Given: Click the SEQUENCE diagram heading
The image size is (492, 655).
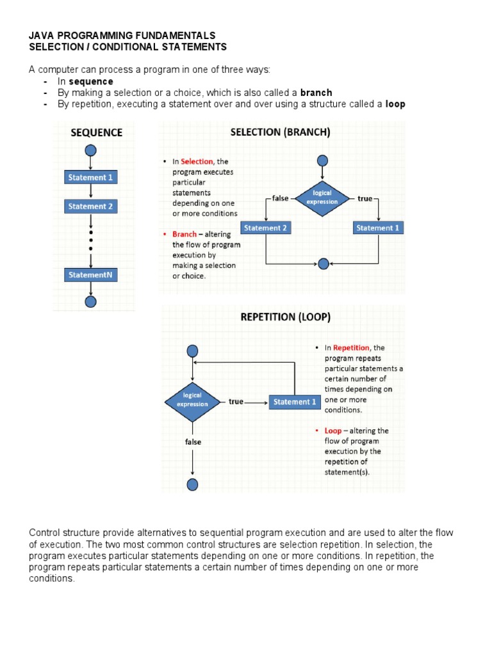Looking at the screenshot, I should (x=96, y=133).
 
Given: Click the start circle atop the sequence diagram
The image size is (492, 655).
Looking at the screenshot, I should (x=90, y=150).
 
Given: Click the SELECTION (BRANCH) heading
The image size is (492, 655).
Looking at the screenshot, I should (x=280, y=133).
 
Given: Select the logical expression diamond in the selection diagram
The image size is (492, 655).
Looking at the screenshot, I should (x=322, y=198).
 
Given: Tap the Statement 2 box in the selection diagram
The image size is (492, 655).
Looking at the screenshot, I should (x=265, y=228).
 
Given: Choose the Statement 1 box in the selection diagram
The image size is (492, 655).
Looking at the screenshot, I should (x=378, y=228).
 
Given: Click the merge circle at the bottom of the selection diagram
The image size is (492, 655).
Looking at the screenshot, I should (x=323, y=263).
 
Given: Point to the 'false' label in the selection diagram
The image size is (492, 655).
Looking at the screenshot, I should (x=280, y=198).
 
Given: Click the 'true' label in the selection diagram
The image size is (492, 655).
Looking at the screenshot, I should (x=365, y=198).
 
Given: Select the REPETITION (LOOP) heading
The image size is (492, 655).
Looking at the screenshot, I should (x=285, y=317).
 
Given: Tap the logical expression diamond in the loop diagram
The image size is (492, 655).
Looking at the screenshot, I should (x=192, y=400).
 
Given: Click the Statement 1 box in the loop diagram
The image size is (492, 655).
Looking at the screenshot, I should (x=295, y=402).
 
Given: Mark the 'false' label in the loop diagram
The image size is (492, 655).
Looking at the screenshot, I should (x=193, y=442).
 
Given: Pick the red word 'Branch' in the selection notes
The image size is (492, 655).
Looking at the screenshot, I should (x=184, y=235).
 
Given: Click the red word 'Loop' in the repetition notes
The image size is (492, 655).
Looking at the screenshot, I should (x=333, y=430).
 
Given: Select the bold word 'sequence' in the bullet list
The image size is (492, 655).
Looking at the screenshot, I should (x=91, y=82).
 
